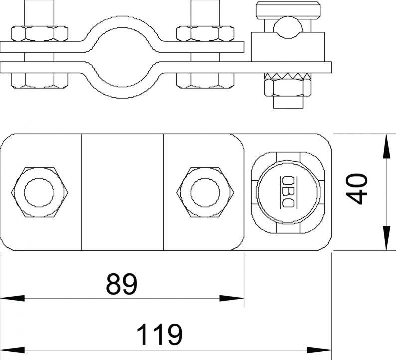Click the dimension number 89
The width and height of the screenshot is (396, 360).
click(122, 284)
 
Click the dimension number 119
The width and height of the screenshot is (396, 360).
click(160, 334)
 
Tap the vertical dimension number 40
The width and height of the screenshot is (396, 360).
click(356, 188)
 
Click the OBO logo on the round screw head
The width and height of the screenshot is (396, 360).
click(288, 192)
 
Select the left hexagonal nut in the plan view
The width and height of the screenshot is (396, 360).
click(40, 192)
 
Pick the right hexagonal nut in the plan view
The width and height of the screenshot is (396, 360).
click(205, 192)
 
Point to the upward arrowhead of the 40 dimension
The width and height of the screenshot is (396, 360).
click(386, 146)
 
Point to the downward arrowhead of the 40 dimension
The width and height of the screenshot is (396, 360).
click(386, 238)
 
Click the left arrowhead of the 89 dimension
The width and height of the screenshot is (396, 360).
click(12, 298)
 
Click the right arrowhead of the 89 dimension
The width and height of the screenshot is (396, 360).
click(232, 298)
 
